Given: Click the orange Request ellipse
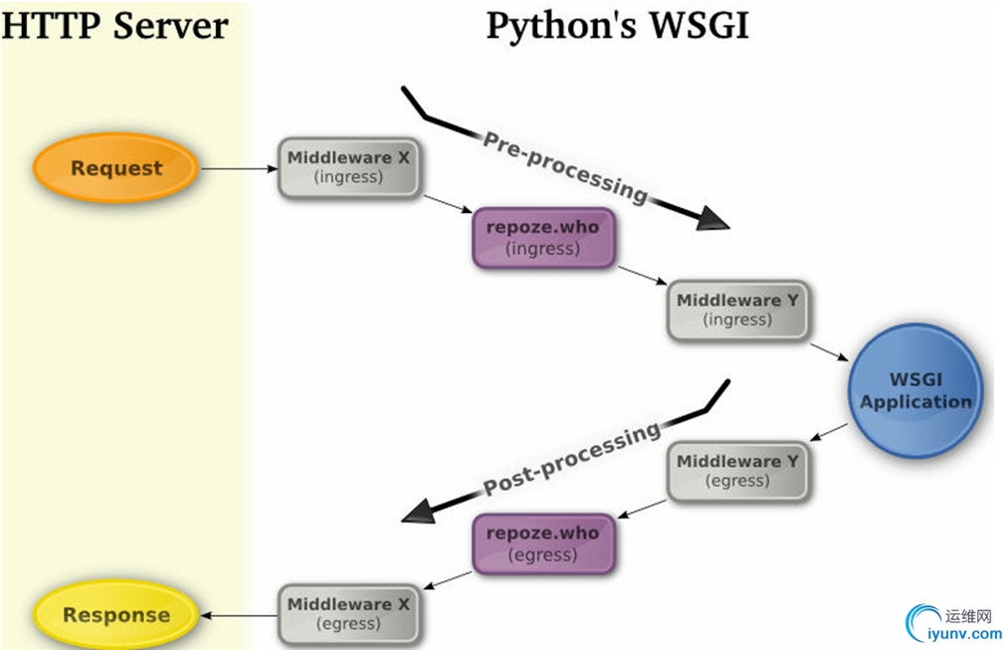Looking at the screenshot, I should tap(115, 168).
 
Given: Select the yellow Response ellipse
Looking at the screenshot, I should tap(115, 614).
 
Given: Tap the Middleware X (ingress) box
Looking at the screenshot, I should tap(348, 167).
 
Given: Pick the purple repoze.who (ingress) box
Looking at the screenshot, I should tap(542, 238).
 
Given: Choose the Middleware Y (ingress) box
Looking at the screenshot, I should tap(737, 310).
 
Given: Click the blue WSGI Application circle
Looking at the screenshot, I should tap(915, 390).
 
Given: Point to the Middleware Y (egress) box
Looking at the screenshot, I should tap(737, 471).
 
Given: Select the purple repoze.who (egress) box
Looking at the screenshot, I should tap(542, 543).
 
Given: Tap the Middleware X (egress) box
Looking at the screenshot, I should tap(348, 614).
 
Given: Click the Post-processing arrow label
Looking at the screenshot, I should tap(572, 459).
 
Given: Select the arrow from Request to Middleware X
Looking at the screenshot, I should tap(239, 168).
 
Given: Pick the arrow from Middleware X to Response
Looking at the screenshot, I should tap(239, 615).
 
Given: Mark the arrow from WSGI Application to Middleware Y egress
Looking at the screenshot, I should tap(830, 432).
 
